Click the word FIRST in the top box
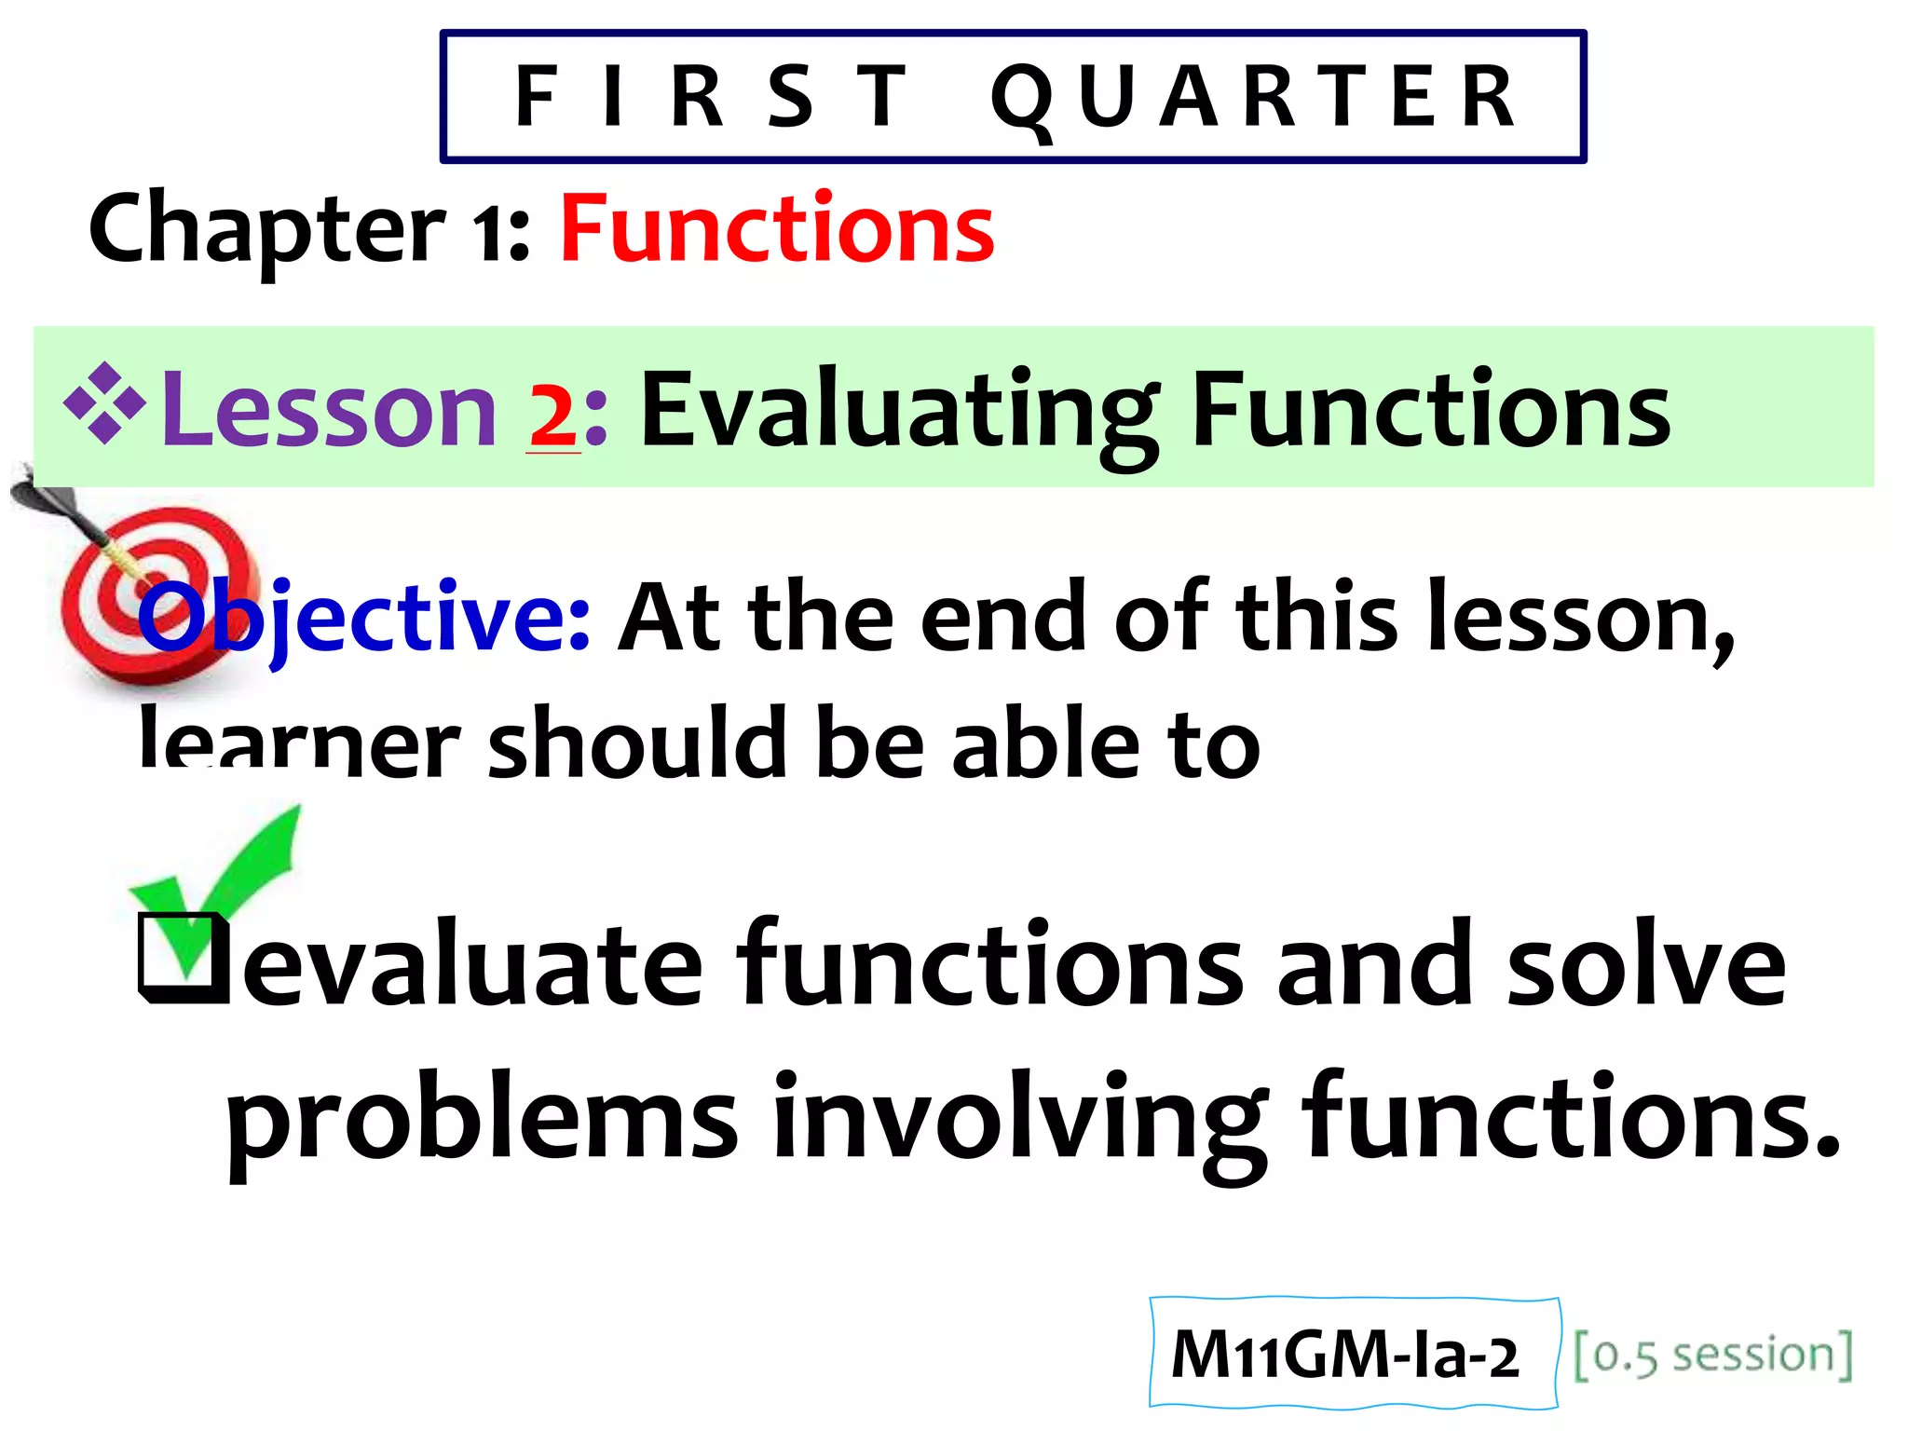click(712, 97)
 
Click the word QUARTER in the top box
click(1253, 97)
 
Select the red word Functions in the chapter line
click(777, 229)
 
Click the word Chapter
click(266, 229)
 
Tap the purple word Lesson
click(328, 410)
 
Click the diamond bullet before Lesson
click(104, 402)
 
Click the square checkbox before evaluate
click(183, 960)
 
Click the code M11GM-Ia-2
click(1343, 1355)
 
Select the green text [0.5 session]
click(1712, 1355)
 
